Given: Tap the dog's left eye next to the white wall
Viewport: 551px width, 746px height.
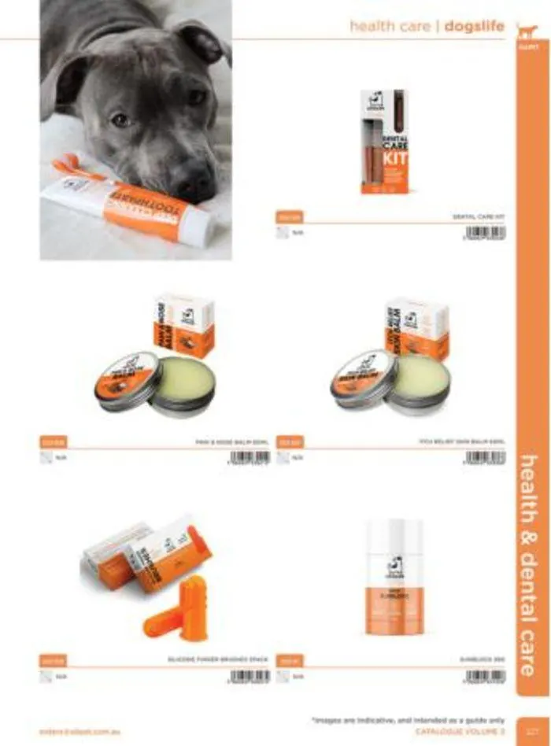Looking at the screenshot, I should point(196,97).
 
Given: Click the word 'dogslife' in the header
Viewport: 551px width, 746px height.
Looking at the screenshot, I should point(474,27).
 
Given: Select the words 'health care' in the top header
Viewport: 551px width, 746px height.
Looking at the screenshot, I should point(390,27).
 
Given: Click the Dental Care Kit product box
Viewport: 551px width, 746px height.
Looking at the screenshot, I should point(385,142).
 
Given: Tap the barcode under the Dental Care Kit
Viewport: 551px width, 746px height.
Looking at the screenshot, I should point(485,233).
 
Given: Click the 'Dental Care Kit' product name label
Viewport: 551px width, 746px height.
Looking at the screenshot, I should point(478,216).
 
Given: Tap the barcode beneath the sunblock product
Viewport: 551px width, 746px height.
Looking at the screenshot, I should point(485,676).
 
